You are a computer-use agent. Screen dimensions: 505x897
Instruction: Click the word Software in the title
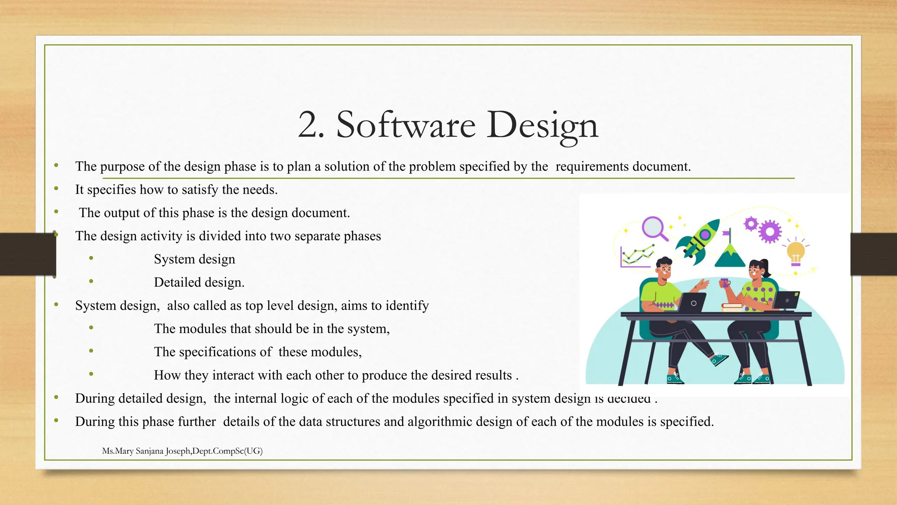[406, 125]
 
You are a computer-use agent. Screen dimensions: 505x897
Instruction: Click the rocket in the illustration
[699, 238]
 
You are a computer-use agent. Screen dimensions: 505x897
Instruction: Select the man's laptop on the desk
[692, 303]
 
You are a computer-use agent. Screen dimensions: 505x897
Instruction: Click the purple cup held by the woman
[724, 283]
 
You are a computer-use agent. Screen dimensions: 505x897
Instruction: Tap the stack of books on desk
[732, 308]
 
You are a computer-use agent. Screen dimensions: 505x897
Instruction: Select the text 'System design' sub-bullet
[194, 259]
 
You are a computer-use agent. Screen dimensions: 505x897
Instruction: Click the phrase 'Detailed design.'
[199, 282]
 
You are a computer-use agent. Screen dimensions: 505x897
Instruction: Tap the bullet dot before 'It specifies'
[56, 188]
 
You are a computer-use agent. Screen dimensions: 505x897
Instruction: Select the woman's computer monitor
[786, 300]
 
